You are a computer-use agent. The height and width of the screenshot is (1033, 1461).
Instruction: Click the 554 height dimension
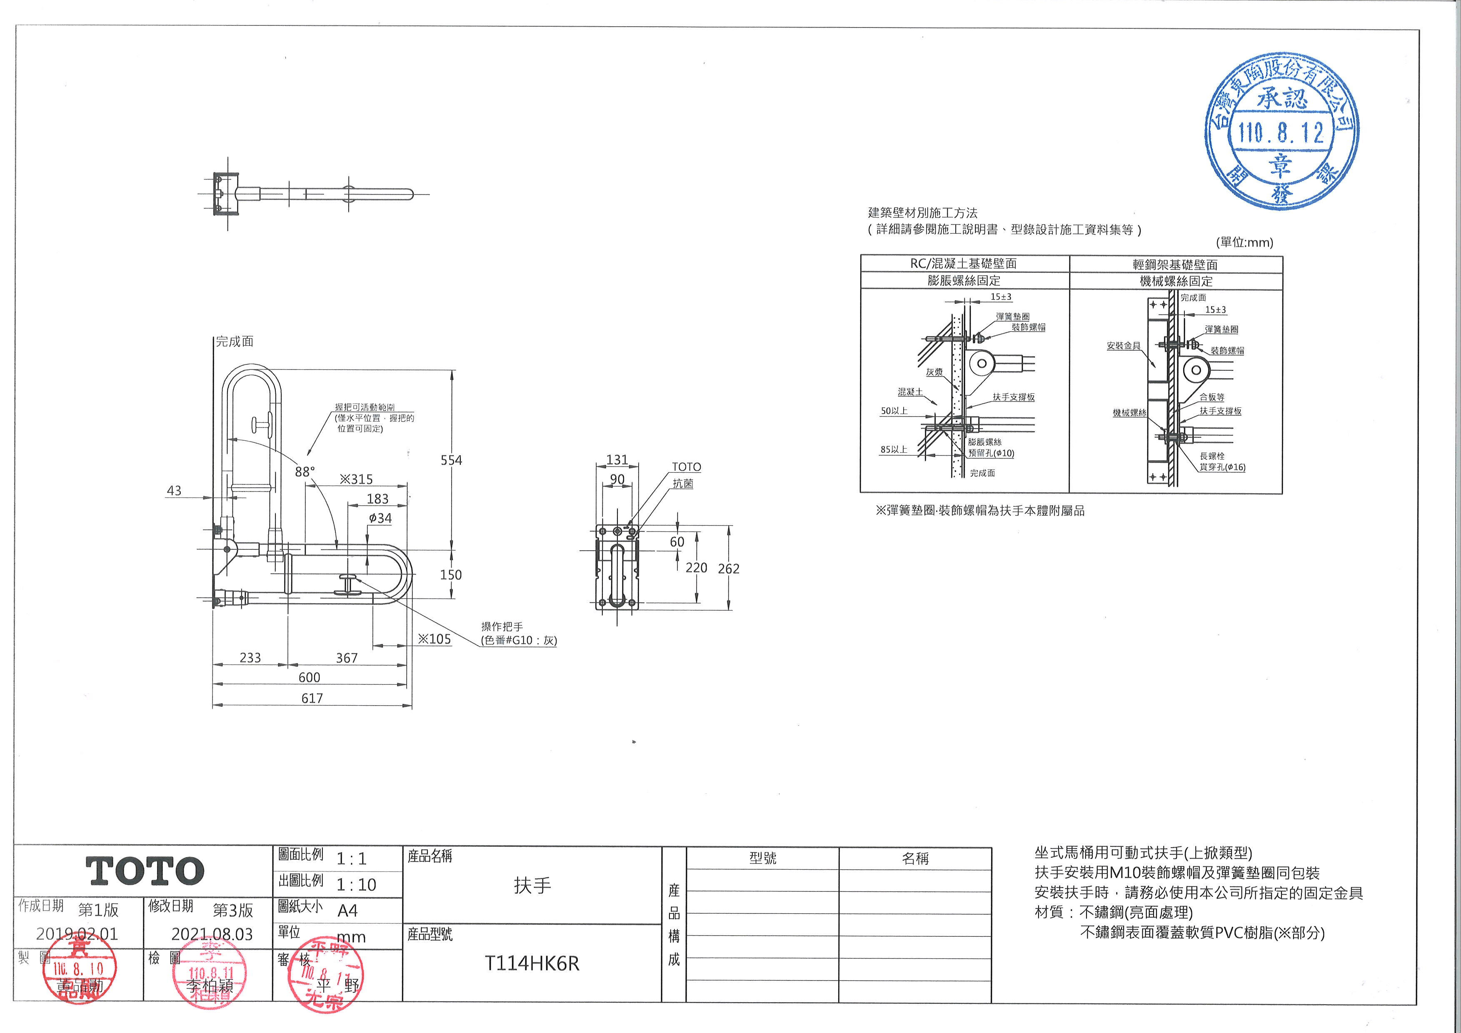pyautogui.click(x=451, y=460)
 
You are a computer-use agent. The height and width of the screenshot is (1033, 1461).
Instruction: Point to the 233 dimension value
pyautogui.click(x=250, y=658)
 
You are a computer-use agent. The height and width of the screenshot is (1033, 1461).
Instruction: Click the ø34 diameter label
pyautogui.click(x=380, y=518)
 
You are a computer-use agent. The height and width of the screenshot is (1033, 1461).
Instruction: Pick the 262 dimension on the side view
pyautogui.click(x=729, y=569)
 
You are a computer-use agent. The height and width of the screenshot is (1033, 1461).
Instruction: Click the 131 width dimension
pyautogui.click(x=617, y=460)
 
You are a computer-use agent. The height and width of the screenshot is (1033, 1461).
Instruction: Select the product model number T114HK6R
pyautogui.click(x=532, y=964)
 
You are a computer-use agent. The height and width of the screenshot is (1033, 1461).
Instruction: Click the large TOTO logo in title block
pyautogui.click(x=145, y=871)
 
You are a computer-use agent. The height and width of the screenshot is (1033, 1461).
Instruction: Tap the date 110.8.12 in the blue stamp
pyautogui.click(x=1281, y=133)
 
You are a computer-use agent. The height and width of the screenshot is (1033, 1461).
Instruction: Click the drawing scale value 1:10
pyautogui.click(x=356, y=885)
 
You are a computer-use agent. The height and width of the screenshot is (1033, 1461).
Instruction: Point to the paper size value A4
pyautogui.click(x=347, y=911)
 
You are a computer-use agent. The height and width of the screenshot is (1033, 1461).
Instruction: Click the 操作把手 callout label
pyautogui.click(x=502, y=626)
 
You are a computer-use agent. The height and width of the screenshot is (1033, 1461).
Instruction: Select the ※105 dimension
pyautogui.click(x=434, y=639)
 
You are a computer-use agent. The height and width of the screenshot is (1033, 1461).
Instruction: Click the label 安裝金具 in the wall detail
pyautogui.click(x=1123, y=346)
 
